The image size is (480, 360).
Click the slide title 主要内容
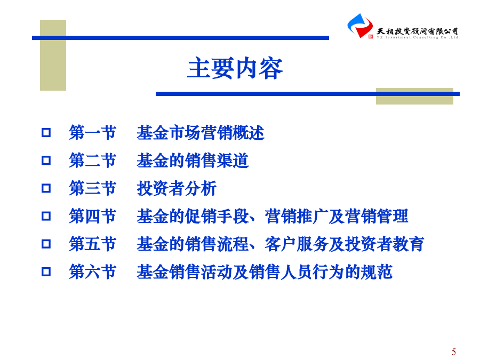point(235,68)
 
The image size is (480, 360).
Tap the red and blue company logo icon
point(360,26)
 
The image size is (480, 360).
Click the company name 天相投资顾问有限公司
point(417,31)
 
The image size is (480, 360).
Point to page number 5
point(454,352)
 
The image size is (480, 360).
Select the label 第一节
point(92,133)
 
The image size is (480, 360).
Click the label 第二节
point(92,161)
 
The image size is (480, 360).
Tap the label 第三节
point(92,188)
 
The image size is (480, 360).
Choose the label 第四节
point(92,216)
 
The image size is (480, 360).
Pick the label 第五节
point(92,244)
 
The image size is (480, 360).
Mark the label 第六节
point(92,272)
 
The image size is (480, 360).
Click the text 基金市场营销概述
point(201,133)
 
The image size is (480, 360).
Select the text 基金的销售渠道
point(193,161)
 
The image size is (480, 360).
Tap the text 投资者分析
point(177,188)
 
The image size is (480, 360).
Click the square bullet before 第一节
point(46,133)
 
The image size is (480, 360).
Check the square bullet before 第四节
point(46,216)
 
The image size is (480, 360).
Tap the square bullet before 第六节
point(46,271)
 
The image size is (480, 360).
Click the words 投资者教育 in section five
point(385,244)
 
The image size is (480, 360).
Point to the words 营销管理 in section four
point(377,216)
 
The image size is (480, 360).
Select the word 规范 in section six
point(377,272)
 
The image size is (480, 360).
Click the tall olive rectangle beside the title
point(53,55)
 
